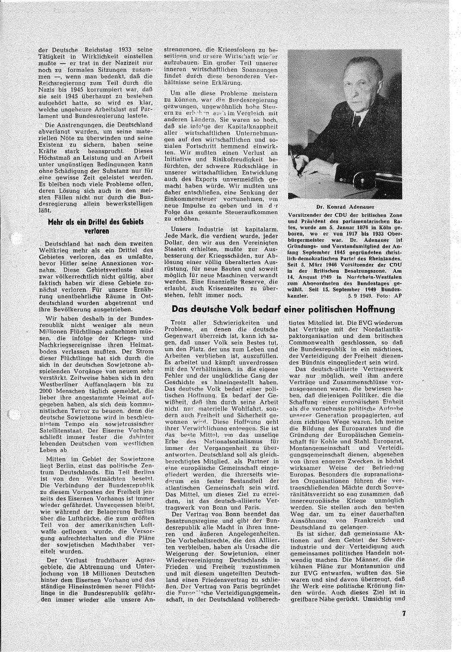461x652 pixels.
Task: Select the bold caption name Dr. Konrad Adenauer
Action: pos(344,207)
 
